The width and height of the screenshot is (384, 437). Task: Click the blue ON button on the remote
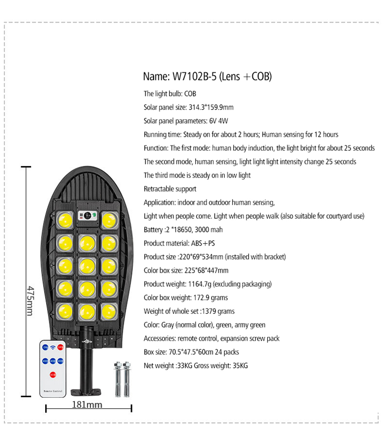45,347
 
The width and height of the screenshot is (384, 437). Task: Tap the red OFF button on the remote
60,347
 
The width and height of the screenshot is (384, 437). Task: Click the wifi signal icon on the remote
53,347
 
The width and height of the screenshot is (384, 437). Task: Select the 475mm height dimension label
30,301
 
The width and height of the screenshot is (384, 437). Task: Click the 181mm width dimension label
87,404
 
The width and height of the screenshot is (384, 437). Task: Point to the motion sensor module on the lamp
87,215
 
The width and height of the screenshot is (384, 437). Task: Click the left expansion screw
118,379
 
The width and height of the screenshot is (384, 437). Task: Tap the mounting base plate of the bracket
86,392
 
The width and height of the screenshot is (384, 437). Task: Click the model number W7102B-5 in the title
194,76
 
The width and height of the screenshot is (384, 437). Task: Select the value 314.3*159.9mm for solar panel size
211,107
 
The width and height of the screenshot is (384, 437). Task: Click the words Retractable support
170,189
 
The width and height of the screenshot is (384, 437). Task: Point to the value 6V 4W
218,121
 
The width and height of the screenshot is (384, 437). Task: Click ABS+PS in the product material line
203,243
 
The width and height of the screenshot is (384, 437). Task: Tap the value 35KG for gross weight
240,366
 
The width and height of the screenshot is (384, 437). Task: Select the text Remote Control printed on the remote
53,391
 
